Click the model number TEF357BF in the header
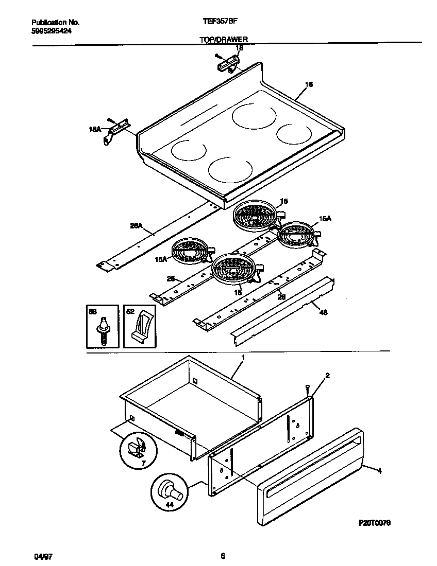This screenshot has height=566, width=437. tap(217, 23)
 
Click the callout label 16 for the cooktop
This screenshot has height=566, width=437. tap(309, 85)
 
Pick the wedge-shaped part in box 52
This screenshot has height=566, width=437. tap(142, 329)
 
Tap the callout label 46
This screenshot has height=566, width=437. tap(323, 312)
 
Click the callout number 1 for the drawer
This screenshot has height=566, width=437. tap(243, 357)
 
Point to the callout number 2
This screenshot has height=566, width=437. tap(327, 376)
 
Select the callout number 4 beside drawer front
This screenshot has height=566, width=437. tap(379, 470)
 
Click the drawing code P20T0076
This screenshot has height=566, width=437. tap(375, 522)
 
